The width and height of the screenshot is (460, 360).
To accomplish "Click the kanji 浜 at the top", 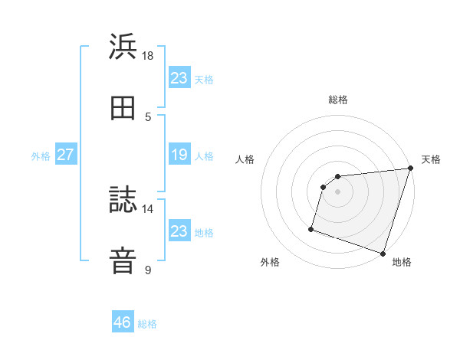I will click(x=123, y=47).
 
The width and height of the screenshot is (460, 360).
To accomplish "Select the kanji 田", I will click(x=123, y=109).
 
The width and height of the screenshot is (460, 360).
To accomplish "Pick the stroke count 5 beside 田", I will click(x=148, y=116).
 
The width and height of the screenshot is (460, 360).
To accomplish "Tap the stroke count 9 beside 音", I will click(x=148, y=270).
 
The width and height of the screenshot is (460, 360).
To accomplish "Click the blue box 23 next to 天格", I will click(x=179, y=78).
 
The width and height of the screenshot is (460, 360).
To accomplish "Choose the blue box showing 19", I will click(x=179, y=155).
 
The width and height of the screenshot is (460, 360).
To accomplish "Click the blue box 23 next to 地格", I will click(x=179, y=231).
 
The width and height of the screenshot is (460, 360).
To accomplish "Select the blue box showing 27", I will click(x=65, y=155).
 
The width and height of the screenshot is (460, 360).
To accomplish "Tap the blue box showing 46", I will click(x=123, y=322).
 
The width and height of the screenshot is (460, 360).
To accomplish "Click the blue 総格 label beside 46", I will click(x=147, y=324).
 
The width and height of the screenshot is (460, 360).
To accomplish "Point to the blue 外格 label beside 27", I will click(x=41, y=156).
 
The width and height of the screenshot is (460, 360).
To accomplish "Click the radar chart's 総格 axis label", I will click(x=338, y=100).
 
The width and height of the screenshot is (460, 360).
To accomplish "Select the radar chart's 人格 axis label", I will click(x=245, y=159).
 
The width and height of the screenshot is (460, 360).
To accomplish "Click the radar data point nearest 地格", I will click(x=383, y=253).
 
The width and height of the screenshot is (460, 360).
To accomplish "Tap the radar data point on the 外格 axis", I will click(x=311, y=228).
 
